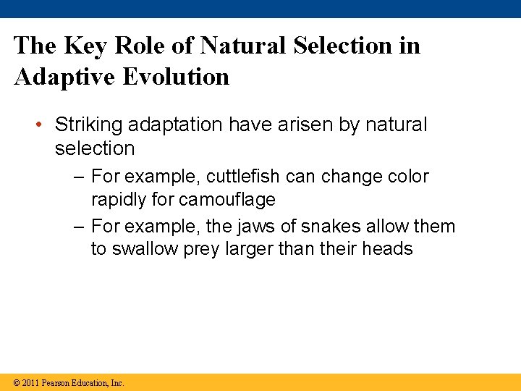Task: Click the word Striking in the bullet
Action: [x=88, y=125]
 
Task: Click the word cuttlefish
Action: [x=246, y=177]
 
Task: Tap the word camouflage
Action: [x=227, y=199]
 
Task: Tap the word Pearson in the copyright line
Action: [x=56, y=383]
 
